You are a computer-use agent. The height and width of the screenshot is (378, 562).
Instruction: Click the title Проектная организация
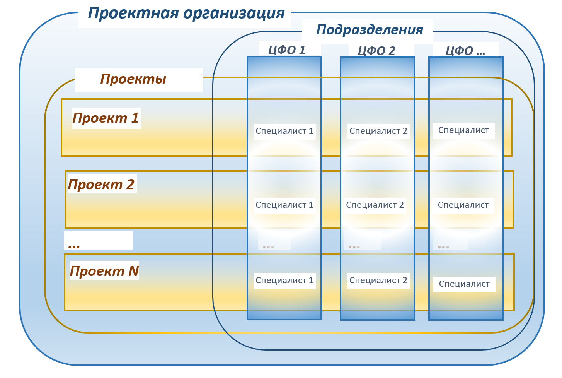click(186, 13)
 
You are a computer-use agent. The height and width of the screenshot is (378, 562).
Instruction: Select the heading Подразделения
click(370, 30)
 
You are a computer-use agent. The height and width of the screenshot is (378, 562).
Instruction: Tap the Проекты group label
click(133, 79)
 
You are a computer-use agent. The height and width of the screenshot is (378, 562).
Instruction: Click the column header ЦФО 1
click(286, 50)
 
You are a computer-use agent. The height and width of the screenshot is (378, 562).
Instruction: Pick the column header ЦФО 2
click(376, 51)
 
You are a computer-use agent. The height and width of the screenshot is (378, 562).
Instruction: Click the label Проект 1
click(106, 118)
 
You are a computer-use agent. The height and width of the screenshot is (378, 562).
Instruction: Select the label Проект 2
click(101, 185)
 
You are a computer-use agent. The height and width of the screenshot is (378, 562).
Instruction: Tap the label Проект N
click(104, 271)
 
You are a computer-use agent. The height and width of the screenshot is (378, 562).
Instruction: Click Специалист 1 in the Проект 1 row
click(284, 131)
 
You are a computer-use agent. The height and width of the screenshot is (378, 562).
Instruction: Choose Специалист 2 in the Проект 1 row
click(378, 131)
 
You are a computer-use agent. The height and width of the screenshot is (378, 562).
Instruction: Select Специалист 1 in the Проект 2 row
click(284, 205)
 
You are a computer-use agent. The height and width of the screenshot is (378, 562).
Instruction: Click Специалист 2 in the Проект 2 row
click(375, 205)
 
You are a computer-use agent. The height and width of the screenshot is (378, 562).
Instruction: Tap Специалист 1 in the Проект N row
click(284, 280)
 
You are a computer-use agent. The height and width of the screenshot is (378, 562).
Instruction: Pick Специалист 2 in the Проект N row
click(378, 280)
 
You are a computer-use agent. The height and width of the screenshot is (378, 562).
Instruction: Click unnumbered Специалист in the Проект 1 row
click(463, 130)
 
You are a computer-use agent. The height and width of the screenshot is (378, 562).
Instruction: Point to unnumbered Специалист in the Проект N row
click(464, 284)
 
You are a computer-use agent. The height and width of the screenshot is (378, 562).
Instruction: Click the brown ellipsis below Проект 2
click(74, 246)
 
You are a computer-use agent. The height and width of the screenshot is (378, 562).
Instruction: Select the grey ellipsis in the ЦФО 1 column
click(268, 247)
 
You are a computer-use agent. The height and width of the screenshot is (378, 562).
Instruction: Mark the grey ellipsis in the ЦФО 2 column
click(354, 247)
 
